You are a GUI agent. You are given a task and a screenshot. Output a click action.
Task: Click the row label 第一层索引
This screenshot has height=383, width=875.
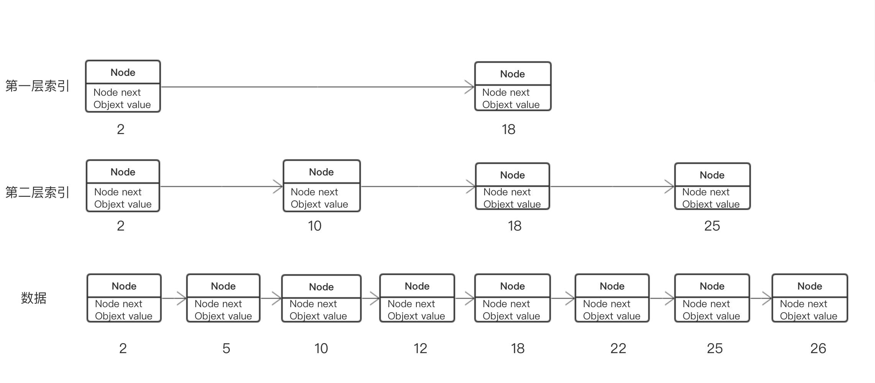coord(37,86)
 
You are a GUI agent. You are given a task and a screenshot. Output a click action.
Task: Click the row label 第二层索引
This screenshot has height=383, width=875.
coord(37,192)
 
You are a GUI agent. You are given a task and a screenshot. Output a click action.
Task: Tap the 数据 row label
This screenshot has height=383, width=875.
coord(34,298)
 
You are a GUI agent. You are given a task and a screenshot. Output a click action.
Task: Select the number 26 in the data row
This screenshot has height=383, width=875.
coord(818,349)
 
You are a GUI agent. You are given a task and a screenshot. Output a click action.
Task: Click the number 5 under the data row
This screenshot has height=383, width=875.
coord(226,349)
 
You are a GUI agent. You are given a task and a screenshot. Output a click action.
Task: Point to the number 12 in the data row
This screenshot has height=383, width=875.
coord(420,349)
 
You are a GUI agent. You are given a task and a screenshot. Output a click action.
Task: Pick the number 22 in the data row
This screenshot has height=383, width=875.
coord(618,349)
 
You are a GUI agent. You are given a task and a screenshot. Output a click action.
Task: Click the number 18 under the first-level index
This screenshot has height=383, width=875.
coord(508,129)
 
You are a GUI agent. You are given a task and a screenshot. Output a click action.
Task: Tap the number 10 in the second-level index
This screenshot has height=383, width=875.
coord(315,226)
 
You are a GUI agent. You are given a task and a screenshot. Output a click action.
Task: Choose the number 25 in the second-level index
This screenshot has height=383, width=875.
coord(712,226)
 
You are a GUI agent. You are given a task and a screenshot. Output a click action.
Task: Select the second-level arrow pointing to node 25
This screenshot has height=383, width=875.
coord(612,187)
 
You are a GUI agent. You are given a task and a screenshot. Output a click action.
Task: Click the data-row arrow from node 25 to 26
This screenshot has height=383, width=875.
coord(760,298)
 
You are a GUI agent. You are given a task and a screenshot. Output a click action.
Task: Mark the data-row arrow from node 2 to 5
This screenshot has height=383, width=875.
coord(174,298)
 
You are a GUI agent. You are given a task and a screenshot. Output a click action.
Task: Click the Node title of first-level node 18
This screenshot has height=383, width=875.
coord(512,74)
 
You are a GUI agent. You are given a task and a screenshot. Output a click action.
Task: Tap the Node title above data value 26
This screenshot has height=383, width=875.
coord(809,286)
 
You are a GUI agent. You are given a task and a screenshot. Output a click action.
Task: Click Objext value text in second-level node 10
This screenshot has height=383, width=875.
coord(319,204)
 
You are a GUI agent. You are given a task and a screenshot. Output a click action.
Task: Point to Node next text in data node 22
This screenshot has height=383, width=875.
coord(606,304)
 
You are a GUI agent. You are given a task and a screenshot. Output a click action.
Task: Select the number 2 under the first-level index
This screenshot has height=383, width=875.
coord(121,129)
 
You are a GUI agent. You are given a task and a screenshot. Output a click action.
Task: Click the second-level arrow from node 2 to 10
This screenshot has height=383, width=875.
coord(221,187)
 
